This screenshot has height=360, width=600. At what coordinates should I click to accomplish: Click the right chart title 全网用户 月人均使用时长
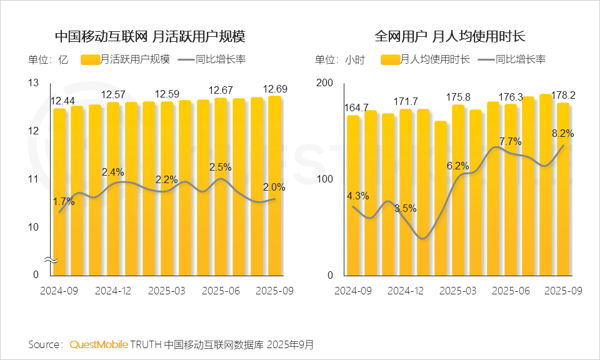pos(449,36)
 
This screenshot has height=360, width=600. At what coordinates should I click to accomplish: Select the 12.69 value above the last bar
pos(276,89)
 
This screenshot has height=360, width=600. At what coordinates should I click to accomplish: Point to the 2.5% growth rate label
pos(219,167)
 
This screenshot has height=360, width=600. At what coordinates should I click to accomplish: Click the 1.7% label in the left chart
pos(63,201)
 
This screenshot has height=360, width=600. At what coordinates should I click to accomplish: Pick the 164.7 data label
pos(357,107)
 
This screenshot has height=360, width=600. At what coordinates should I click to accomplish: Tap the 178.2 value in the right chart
pos(561,96)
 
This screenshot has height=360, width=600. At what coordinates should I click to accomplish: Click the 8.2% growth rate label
pos(562,133)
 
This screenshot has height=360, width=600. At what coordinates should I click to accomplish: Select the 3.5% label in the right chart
pos(405,208)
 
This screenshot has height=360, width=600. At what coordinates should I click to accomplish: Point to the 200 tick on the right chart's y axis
pos(324,83)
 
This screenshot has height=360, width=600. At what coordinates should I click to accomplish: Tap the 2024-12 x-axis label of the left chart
pos(113,291)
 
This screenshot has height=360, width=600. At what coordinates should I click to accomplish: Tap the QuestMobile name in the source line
pos(99,344)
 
